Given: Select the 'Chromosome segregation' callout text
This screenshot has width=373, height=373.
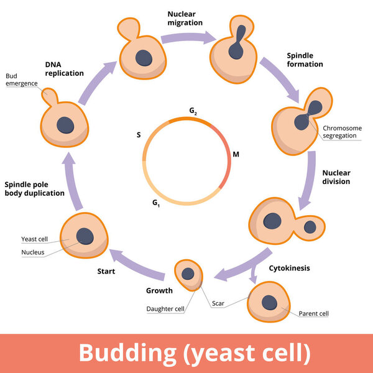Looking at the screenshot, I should [x=341, y=132].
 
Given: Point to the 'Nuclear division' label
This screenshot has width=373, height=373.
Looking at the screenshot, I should [x=336, y=177].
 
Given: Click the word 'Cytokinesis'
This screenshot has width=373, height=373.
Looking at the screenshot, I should [x=290, y=269].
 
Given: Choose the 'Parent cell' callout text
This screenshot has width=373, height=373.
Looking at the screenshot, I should [x=314, y=313].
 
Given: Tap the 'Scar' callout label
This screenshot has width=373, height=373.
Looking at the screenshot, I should [x=218, y=304].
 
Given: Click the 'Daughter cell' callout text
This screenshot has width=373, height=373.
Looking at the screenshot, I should [x=165, y=308].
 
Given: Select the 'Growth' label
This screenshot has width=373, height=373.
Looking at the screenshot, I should [x=159, y=290].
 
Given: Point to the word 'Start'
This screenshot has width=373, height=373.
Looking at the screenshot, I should [x=106, y=271].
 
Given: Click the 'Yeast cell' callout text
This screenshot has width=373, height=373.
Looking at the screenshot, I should [x=34, y=239].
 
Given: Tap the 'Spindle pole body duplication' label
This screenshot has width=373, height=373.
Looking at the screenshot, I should [x=34, y=188].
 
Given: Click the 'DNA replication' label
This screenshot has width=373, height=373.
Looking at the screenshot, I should [x=64, y=68].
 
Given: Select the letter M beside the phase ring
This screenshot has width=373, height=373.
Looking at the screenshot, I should [x=236, y=154].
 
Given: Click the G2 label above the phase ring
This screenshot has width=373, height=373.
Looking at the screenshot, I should [x=194, y=111].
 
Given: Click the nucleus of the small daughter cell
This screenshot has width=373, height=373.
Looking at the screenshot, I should [x=186, y=273].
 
